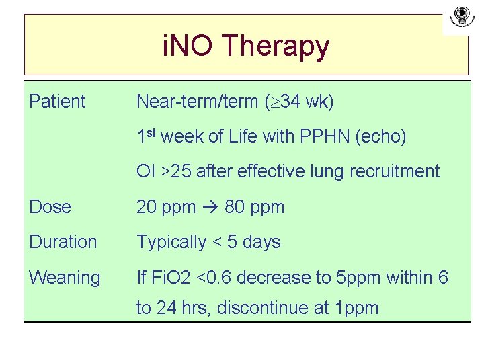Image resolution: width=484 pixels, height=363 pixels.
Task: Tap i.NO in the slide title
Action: tap(189, 46)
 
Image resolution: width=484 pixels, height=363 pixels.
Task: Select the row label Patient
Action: tap(57, 102)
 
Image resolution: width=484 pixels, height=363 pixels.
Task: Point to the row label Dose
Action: tap(50, 207)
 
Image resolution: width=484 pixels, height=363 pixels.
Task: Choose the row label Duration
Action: tap(63, 242)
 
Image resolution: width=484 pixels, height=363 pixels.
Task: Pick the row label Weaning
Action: tap(65, 277)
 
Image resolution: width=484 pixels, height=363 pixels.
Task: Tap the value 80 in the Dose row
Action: tap(235, 207)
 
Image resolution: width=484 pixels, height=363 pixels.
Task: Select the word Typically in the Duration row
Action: tap(171, 243)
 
